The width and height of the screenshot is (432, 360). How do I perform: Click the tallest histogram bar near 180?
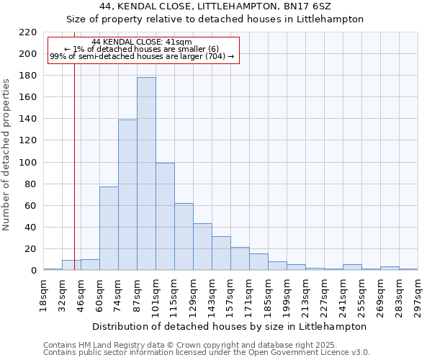point(146,174)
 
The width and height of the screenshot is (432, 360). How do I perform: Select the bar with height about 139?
point(127,194)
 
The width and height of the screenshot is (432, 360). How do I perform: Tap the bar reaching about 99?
point(165,216)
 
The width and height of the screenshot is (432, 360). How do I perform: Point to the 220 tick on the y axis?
point(28,32)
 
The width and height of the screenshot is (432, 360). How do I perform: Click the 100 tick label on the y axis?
point(28,163)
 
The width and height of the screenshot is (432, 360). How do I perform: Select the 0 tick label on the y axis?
point(34,271)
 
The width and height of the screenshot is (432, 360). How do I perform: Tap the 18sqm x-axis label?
point(43,294)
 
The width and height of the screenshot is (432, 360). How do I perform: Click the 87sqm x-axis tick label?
point(137,294)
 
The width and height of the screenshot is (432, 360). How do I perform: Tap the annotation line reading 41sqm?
point(142,42)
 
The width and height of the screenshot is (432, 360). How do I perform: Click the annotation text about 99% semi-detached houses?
point(142,56)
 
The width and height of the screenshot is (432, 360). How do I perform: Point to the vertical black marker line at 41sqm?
point(74,180)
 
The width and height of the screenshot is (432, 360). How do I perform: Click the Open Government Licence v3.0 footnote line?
point(206,352)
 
